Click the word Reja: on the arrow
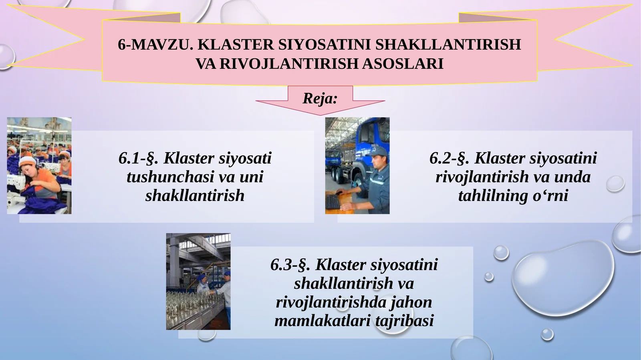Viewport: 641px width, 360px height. point(320,98)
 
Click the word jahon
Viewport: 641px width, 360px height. point(411,302)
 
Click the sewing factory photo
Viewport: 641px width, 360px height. point(39,165)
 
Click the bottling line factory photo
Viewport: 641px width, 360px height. point(198,282)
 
